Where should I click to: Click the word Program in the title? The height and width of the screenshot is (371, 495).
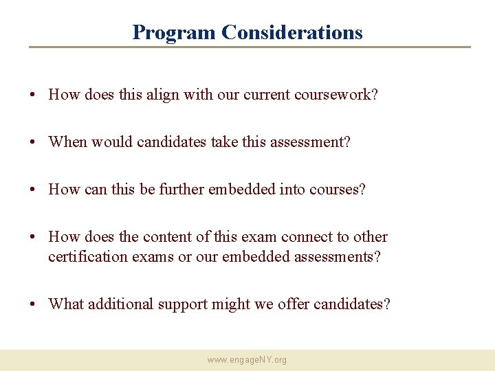174,32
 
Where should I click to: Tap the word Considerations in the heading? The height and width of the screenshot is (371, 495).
292,32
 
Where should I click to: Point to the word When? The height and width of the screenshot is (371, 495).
67,142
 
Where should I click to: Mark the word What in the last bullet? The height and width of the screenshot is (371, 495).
66,304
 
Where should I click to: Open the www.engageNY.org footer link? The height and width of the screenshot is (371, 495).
247,360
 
